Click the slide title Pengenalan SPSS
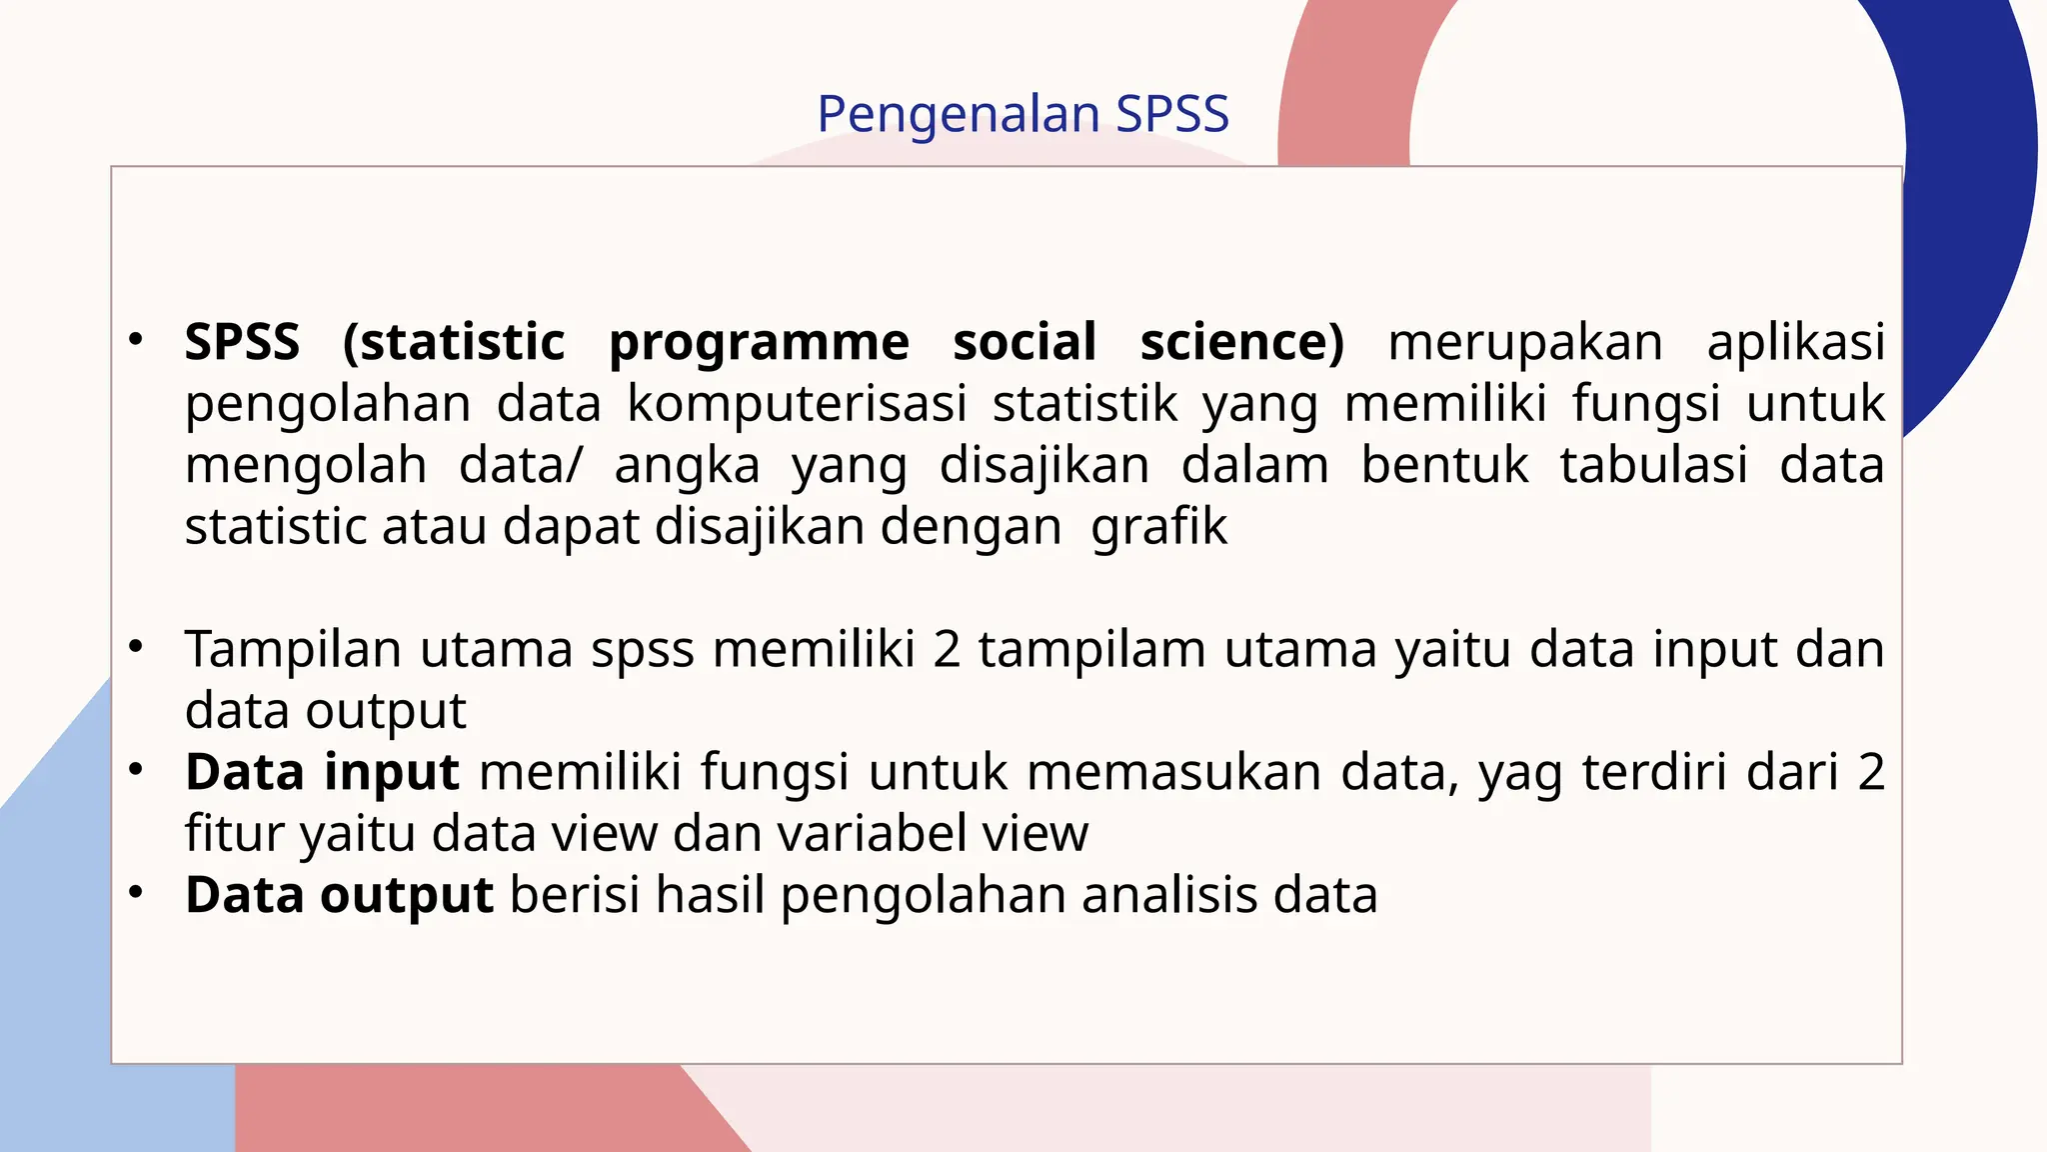coord(1023,114)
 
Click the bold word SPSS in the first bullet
coord(242,342)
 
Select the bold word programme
coord(759,344)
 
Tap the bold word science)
coord(1242,342)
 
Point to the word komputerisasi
coord(797,405)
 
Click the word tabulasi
coord(1653,465)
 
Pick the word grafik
coord(1158,527)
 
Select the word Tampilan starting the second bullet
coord(293,650)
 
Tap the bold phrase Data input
coord(322,773)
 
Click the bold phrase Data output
coord(339,895)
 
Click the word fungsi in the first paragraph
coord(1645,405)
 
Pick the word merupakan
coord(1525,343)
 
